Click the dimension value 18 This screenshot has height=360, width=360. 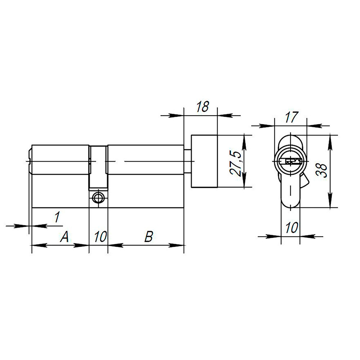pyautogui.click(x=202, y=107)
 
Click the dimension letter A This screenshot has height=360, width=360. pyautogui.click(x=64, y=237)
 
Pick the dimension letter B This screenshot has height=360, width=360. pyautogui.click(x=148, y=237)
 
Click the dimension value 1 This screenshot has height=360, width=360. pyautogui.click(x=57, y=217)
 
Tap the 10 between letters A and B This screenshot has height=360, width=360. pyautogui.click(x=100, y=237)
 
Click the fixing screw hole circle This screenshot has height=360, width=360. pyautogui.click(x=98, y=197)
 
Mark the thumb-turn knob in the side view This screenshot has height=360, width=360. pyautogui.click(x=204, y=161)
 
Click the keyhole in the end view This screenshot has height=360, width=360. pyautogui.click(x=291, y=161)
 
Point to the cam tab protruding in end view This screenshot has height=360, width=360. pyautogui.click(x=305, y=180)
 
